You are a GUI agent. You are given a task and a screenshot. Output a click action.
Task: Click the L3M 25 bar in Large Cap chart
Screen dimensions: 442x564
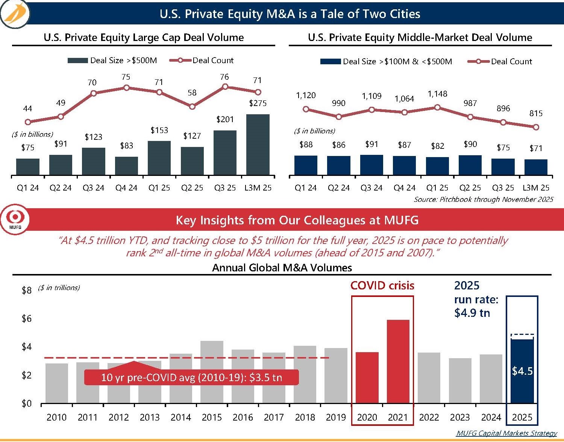(258, 145)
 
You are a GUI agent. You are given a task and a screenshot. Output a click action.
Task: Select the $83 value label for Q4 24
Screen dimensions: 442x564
(127, 146)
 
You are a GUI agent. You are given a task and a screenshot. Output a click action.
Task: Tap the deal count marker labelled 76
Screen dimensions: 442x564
(225, 87)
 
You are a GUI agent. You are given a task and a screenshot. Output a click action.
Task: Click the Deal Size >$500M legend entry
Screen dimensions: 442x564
(112, 61)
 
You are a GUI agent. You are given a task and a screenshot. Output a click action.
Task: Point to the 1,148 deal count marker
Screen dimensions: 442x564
(437, 107)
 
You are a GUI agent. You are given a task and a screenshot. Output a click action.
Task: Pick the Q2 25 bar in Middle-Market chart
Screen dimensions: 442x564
(470, 165)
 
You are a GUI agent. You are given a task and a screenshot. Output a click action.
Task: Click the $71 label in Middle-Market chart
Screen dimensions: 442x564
(536, 148)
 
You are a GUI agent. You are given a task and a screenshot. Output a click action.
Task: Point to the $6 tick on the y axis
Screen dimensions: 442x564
(26, 319)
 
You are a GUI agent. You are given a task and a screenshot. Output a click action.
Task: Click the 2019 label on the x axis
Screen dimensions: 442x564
(336, 417)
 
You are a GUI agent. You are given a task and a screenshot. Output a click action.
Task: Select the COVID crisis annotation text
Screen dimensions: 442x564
(382, 286)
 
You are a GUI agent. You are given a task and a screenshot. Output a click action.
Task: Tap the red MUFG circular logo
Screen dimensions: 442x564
(15, 219)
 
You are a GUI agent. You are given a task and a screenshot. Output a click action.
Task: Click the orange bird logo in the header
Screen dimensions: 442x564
(15, 14)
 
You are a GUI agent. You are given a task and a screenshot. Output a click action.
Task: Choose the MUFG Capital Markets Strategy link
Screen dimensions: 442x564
(506, 433)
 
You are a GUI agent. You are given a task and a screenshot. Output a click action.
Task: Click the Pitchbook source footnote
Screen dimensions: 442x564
(483, 199)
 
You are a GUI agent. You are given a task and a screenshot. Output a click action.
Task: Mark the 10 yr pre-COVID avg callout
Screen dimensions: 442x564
(191, 377)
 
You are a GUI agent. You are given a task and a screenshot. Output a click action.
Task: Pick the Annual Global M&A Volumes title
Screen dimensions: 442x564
(282, 268)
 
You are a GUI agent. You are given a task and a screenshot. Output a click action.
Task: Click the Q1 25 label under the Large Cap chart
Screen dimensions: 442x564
(159, 188)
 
